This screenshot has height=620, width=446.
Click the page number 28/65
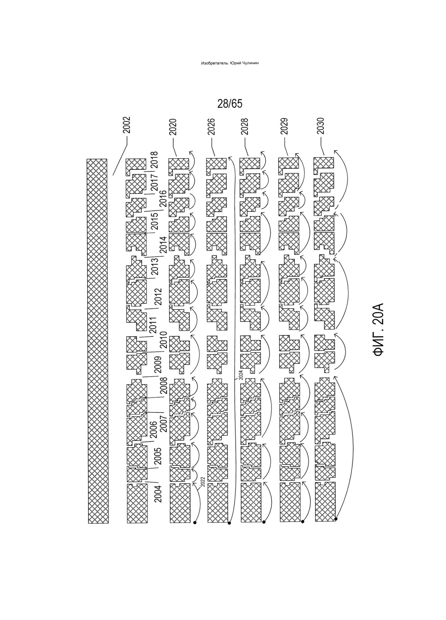(230, 104)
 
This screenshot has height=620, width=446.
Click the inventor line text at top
(230, 63)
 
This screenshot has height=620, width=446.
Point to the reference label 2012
(158, 296)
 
